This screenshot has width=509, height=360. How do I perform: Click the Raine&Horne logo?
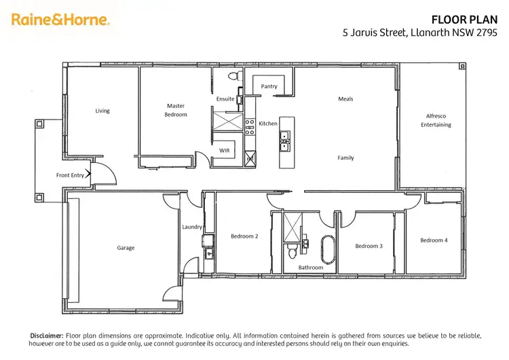coord(60,20)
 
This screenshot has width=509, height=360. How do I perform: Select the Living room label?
coord(102,111)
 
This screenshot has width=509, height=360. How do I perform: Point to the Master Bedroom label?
coord(176,110)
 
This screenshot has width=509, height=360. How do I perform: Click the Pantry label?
coord(269,86)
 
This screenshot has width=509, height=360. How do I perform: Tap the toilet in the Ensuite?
coord(233,75)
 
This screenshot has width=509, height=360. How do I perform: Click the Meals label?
coord(345,99)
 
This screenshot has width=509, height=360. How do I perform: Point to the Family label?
coord(345,158)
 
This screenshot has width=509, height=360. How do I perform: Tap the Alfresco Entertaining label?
coord(435,120)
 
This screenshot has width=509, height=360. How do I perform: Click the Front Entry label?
coord(70,175)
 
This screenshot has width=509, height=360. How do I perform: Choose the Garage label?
coord(126,248)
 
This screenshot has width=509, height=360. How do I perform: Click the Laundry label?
coord(191,227)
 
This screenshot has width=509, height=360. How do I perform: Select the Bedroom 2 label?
coord(244,236)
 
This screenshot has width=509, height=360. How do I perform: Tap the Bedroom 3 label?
coord(369,246)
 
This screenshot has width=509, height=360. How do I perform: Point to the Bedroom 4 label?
coord(433,240)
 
